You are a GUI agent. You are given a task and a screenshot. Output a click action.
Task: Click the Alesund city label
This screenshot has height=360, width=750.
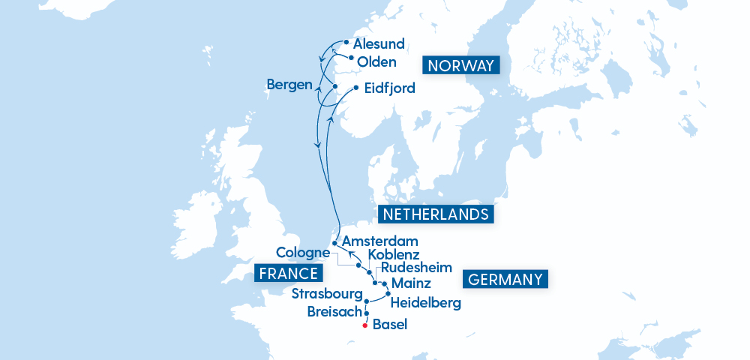click(x=379, y=44)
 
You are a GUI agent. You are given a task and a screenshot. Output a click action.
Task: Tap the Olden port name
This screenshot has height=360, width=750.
click(x=376, y=61)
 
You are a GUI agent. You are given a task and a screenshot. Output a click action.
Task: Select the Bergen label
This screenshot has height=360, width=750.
click(x=289, y=85)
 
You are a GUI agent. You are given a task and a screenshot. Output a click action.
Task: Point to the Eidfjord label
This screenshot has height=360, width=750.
click(x=389, y=88)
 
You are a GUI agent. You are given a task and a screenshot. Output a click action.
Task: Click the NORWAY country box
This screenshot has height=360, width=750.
click(x=461, y=65)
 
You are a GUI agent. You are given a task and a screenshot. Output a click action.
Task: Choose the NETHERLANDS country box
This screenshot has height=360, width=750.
click(x=436, y=214)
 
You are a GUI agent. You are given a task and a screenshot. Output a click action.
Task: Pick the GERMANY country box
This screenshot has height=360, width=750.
click(x=505, y=280)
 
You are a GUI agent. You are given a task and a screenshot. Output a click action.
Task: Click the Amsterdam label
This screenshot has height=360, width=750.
click(x=379, y=241)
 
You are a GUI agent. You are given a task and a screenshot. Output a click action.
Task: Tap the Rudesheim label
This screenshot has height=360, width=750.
click(x=416, y=268)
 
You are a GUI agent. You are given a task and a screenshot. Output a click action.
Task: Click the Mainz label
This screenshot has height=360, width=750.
click(x=412, y=283)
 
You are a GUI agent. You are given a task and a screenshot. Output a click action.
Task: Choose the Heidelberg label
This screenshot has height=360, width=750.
click(x=426, y=303)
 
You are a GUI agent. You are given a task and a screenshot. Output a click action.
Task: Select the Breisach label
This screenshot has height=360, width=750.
click(x=334, y=311)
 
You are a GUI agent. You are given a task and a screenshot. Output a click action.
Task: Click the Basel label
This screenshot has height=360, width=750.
click(x=389, y=325)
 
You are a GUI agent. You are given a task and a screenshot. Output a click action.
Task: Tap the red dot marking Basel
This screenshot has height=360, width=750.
click(x=364, y=326)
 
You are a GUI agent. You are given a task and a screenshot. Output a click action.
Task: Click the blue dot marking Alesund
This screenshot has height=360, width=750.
click(x=346, y=42)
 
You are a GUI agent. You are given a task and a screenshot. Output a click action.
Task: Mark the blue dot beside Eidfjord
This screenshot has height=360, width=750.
click(x=355, y=86)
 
